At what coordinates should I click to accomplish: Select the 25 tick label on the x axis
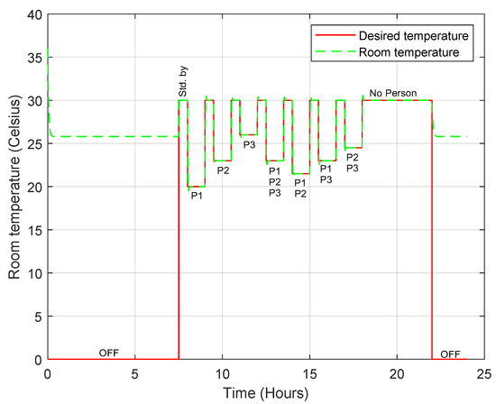click(485, 372)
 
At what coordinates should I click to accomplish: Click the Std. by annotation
click(182, 85)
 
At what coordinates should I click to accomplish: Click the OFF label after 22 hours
click(448, 352)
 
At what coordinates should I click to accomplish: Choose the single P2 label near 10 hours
click(223, 170)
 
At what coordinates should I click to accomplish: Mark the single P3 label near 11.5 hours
click(249, 143)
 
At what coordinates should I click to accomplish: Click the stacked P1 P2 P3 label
click(274, 180)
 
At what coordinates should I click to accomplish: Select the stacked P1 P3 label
click(326, 174)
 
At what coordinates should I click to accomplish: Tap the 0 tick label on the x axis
click(47, 372)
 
